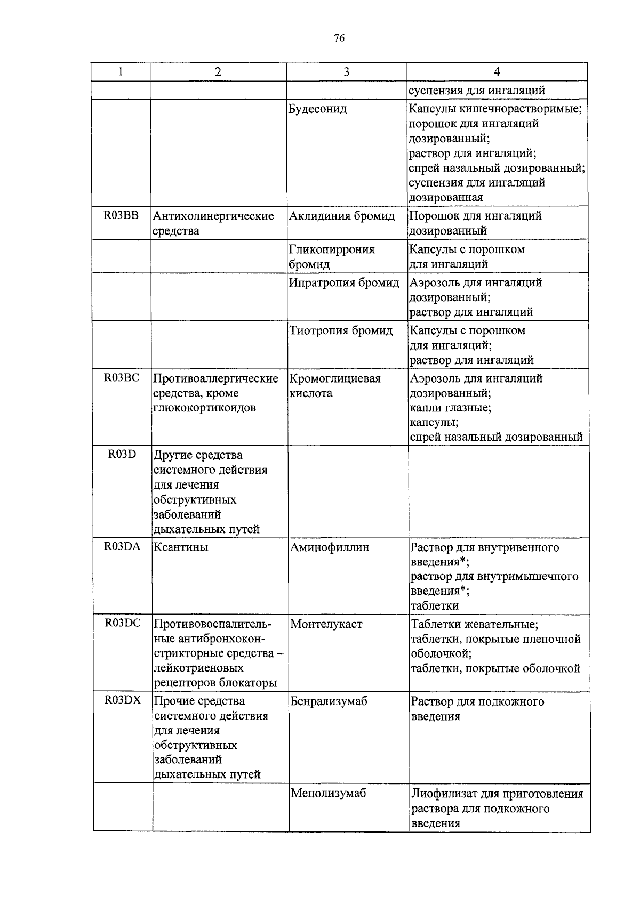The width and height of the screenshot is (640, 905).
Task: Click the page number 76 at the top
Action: point(339,38)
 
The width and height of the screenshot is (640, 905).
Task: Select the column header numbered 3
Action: point(346,72)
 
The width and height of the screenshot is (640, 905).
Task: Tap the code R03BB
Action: point(121,215)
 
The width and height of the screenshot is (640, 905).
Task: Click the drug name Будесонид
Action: point(317,109)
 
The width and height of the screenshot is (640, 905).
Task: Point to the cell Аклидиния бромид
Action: point(342,216)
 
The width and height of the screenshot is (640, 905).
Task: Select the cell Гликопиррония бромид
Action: point(332,256)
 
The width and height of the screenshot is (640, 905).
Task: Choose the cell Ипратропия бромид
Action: point(344,282)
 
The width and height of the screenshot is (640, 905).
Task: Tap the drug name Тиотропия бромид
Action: point(341,330)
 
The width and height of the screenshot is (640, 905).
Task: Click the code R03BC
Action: point(121,378)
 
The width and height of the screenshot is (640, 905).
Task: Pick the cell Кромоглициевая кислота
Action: point(335,385)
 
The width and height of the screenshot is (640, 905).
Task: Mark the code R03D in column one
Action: point(122,455)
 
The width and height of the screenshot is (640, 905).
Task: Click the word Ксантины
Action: point(181,547)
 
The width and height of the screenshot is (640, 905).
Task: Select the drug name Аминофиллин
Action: point(330,547)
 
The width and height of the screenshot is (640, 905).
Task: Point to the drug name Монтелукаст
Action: point(326,624)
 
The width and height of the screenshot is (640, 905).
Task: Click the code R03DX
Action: point(123,700)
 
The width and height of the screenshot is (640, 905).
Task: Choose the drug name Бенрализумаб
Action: point(329,701)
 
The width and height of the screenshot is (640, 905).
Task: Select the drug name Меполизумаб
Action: point(329,793)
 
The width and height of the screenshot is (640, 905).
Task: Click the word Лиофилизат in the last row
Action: point(442,794)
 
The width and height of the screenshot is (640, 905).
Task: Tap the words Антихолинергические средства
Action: point(213,223)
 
